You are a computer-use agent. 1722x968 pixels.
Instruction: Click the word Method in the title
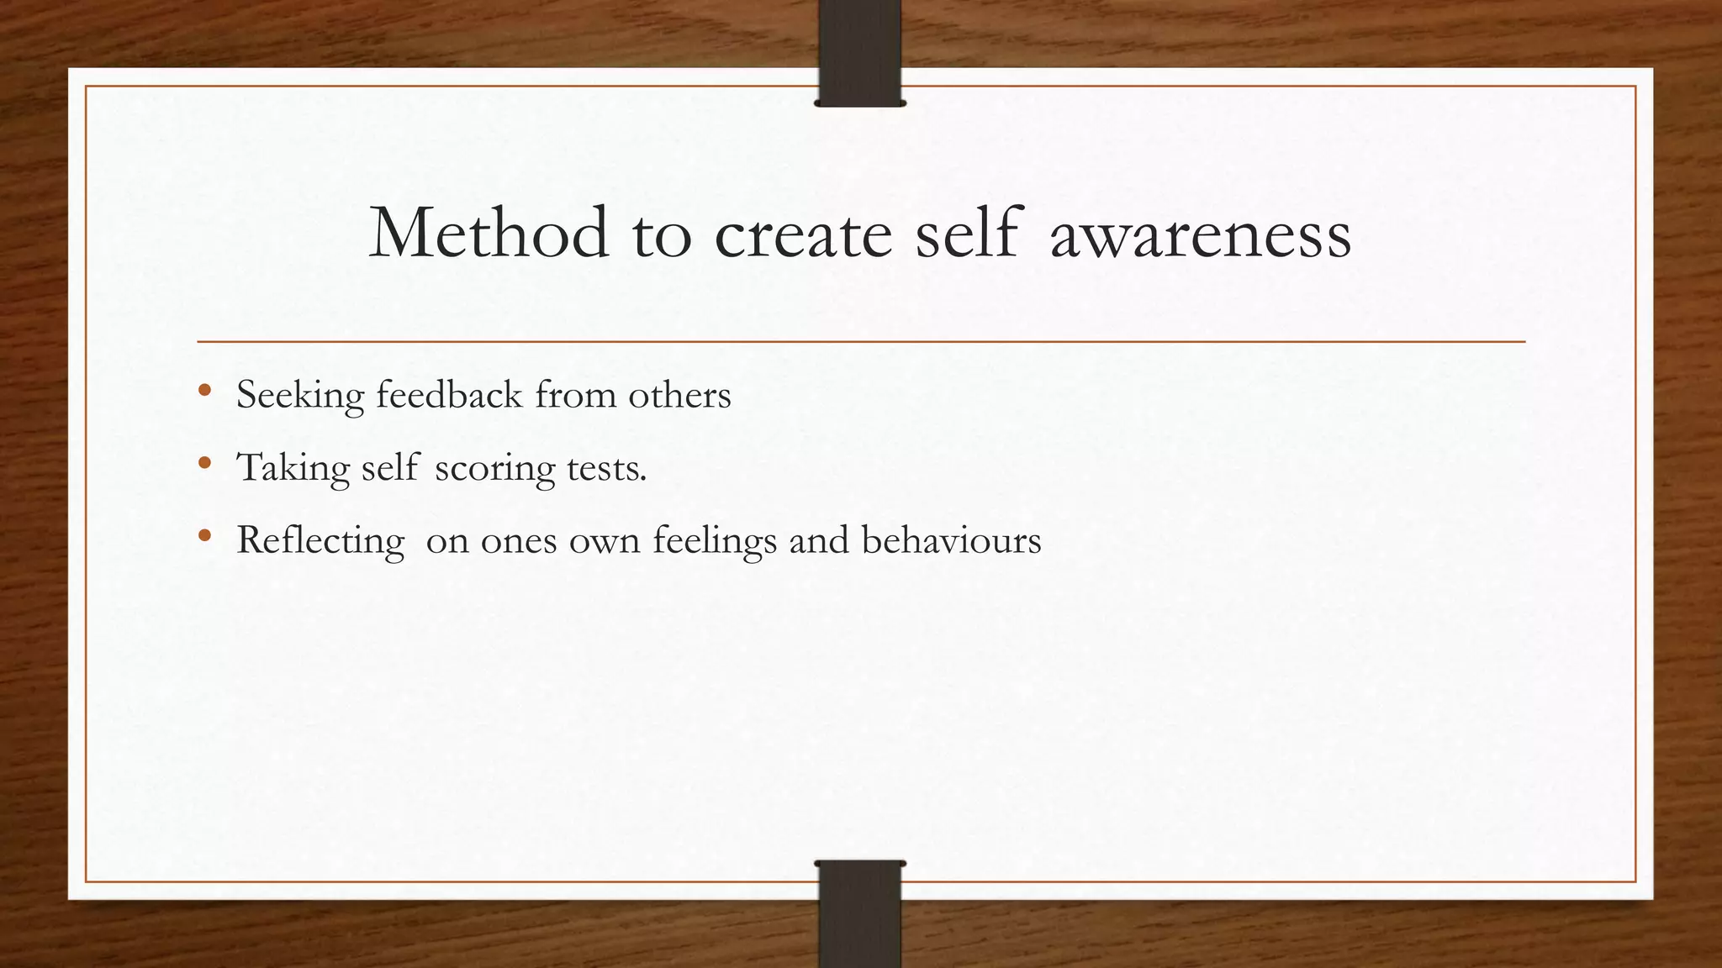tap(489, 233)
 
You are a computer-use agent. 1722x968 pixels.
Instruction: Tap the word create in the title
tap(803, 234)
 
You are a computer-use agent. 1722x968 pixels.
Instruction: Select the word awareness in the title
tap(1201, 234)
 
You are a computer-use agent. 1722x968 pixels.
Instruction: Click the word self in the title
tap(968, 233)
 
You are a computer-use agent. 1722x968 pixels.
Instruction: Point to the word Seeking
tap(300, 395)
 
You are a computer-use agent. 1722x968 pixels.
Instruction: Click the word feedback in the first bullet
tap(449, 394)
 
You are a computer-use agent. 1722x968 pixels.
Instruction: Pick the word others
tap(679, 394)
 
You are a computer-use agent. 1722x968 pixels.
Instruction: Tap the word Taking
tap(293, 468)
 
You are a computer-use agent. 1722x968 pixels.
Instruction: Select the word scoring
tap(495, 468)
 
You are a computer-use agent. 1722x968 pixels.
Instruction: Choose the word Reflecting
tap(320, 540)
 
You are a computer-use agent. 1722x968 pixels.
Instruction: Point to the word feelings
tap(715, 540)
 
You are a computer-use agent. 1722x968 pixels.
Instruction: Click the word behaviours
tap(951, 539)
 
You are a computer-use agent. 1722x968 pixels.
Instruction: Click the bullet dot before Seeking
tap(204, 391)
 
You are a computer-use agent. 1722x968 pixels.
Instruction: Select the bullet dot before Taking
tap(204, 463)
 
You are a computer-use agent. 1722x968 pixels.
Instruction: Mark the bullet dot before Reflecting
tap(204, 535)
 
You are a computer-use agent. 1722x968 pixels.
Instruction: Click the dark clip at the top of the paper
tap(859, 52)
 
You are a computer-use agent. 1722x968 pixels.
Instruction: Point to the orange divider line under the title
tap(861, 342)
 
